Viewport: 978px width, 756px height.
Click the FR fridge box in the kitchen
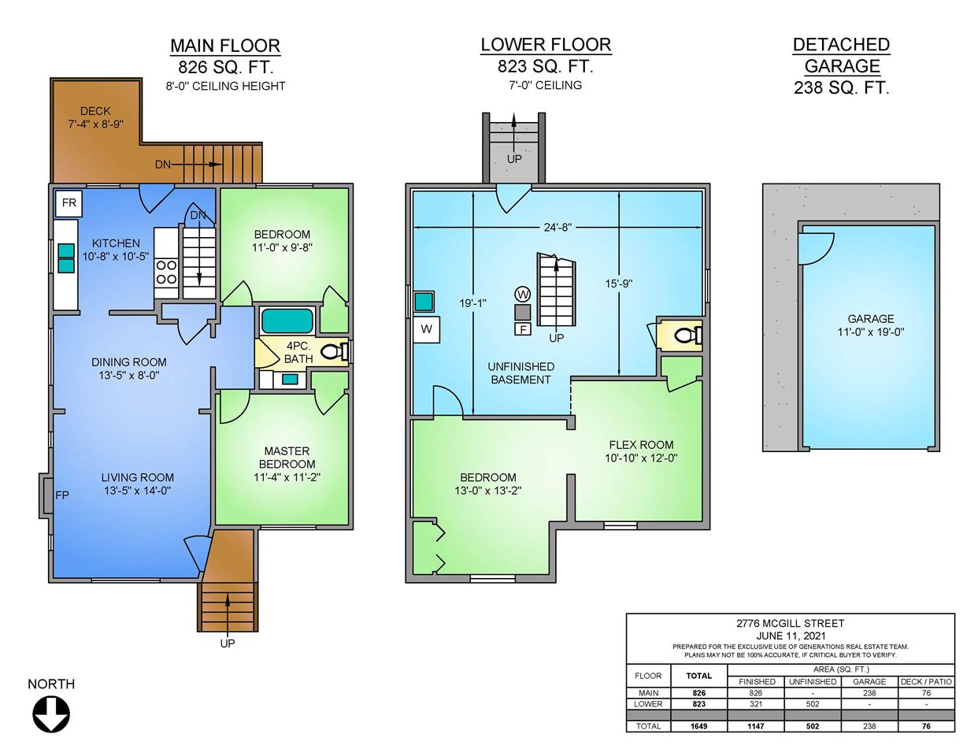coord(69,203)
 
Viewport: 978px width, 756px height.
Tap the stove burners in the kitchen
coord(166,272)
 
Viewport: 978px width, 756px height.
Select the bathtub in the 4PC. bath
coord(287,321)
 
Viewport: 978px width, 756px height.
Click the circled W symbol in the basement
coord(523,295)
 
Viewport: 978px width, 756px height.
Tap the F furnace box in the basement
coord(523,329)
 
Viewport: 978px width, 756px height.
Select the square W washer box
coord(426,329)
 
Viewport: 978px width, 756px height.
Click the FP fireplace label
coord(62,495)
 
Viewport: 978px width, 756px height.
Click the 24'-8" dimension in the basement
coord(558,228)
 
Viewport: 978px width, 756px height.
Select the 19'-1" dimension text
coord(473,303)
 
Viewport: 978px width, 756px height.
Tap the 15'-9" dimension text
coord(619,283)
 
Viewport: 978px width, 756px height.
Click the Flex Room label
coord(641,445)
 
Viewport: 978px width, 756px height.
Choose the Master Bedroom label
coord(287,458)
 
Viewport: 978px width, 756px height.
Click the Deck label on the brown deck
coord(95,111)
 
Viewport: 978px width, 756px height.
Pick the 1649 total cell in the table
coord(699,726)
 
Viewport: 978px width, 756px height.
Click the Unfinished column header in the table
coord(813,682)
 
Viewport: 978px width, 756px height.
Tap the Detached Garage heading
coord(842,55)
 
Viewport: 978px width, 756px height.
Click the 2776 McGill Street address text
coord(791,623)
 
